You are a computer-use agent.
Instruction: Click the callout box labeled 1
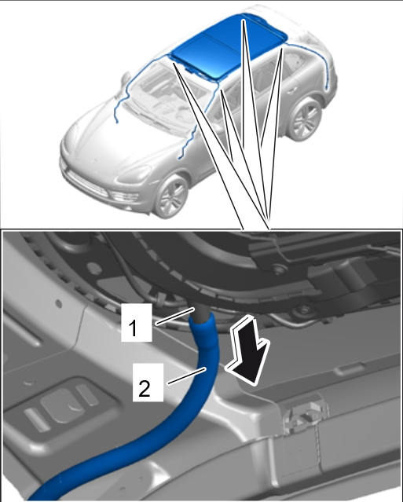click(137, 322)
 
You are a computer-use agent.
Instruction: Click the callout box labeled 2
click(148, 383)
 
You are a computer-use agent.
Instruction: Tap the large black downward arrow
click(249, 351)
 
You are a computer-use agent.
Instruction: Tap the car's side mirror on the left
click(126, 78)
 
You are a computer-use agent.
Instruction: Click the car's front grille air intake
click(86, 184)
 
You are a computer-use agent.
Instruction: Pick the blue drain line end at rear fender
click(326, 87)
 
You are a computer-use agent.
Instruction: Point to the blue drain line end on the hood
click(117, 122)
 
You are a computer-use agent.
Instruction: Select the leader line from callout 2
click(186, 376)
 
